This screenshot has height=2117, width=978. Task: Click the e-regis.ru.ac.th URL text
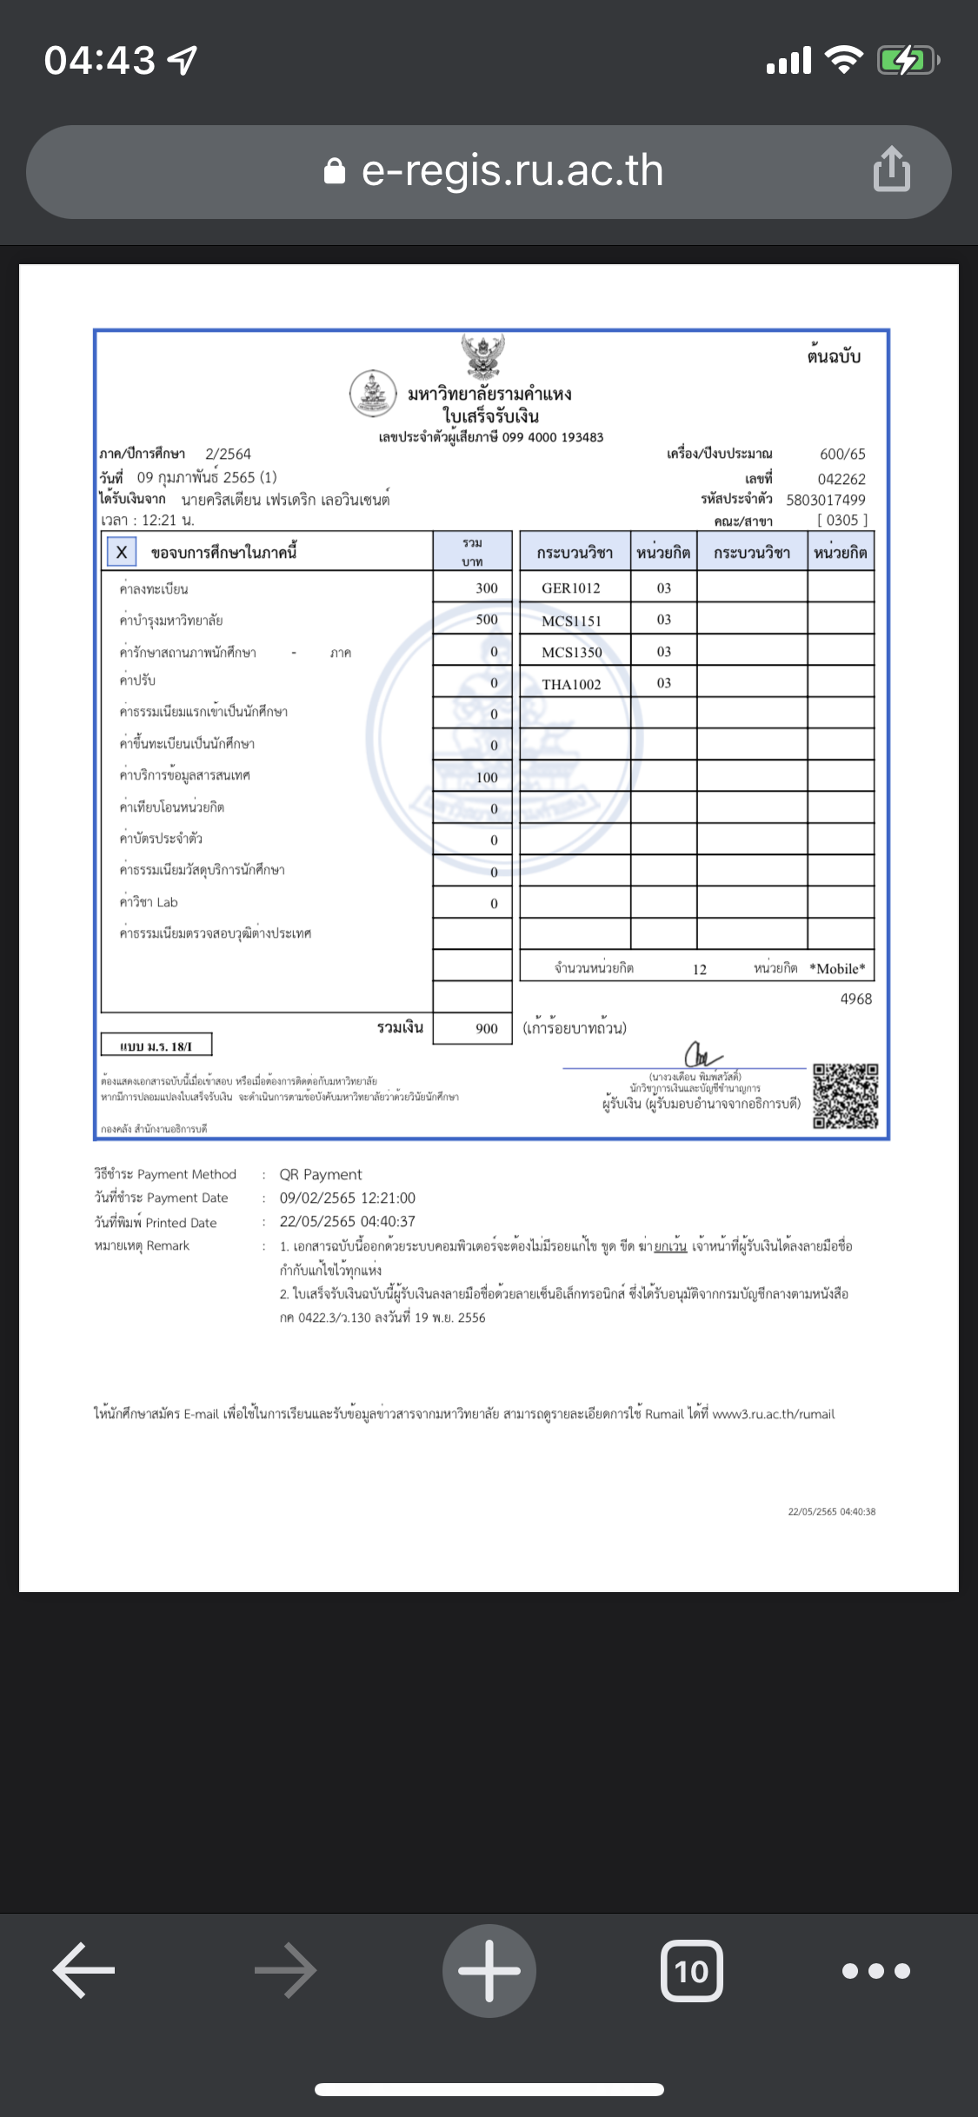click(512, 170)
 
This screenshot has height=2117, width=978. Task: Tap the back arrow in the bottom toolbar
click(84, 1970)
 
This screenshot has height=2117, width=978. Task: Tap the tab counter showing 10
click(691, 1971)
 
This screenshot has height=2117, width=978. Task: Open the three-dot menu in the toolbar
click(875, 1971)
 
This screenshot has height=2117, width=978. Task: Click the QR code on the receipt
click(845, 1096)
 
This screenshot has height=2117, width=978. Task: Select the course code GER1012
click(571, 588)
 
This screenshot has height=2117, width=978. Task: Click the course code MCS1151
click(571, 620)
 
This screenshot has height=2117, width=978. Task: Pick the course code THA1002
click(571, 684)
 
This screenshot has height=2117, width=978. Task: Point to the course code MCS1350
click(571, 653)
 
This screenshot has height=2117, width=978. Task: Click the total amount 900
click(486, 1029)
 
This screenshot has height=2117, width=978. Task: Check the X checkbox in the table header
click(122, 552)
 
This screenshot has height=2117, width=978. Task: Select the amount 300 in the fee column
click(486, 588)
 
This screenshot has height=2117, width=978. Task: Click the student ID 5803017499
click(825, 500)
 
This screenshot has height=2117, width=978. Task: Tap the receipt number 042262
click(841, 479)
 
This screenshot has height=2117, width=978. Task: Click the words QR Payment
click(320, 1175)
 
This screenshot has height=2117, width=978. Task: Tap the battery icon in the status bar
click(908, 61)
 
